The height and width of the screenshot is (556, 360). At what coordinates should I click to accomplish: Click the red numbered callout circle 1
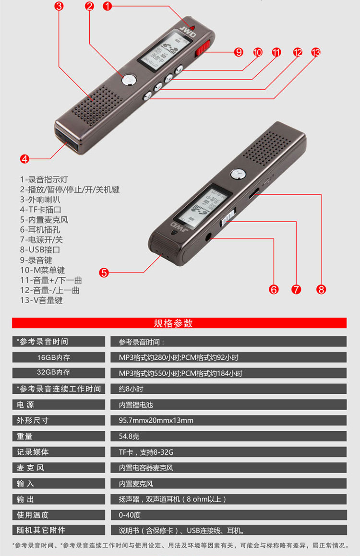(x=107, y=6)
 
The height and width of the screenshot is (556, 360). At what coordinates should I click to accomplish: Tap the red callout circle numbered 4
(x=24, y=159)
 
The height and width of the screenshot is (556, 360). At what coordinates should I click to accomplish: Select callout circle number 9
(x=239, y=52)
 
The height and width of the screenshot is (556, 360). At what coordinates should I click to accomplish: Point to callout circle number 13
(x=315, y=52)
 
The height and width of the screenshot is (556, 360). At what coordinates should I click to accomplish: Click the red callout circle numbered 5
(x=104, y=272)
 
